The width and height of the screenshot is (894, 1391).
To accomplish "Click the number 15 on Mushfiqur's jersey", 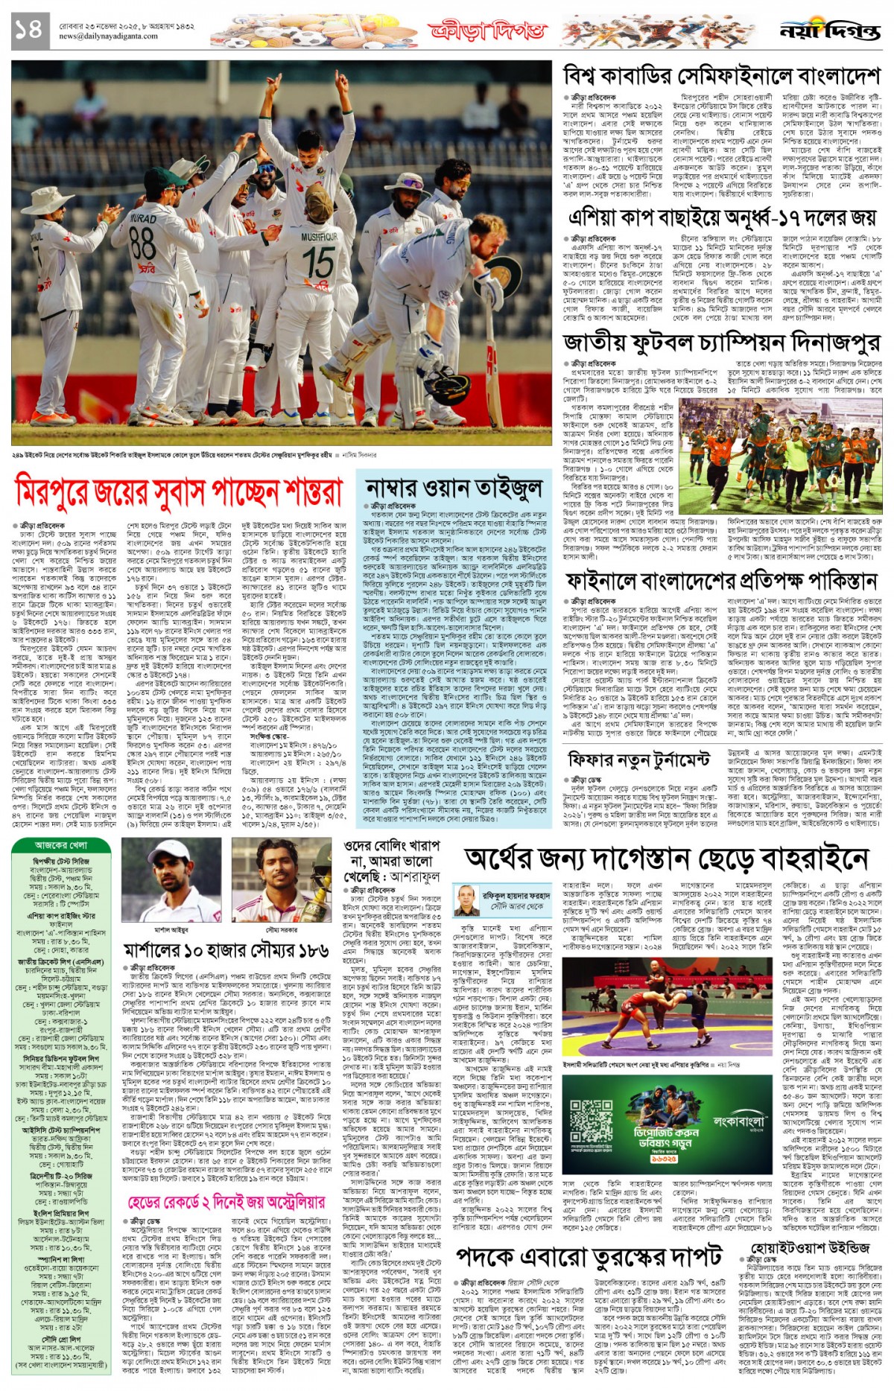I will [318, 261].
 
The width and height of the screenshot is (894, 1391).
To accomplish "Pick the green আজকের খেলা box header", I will [61, 845].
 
